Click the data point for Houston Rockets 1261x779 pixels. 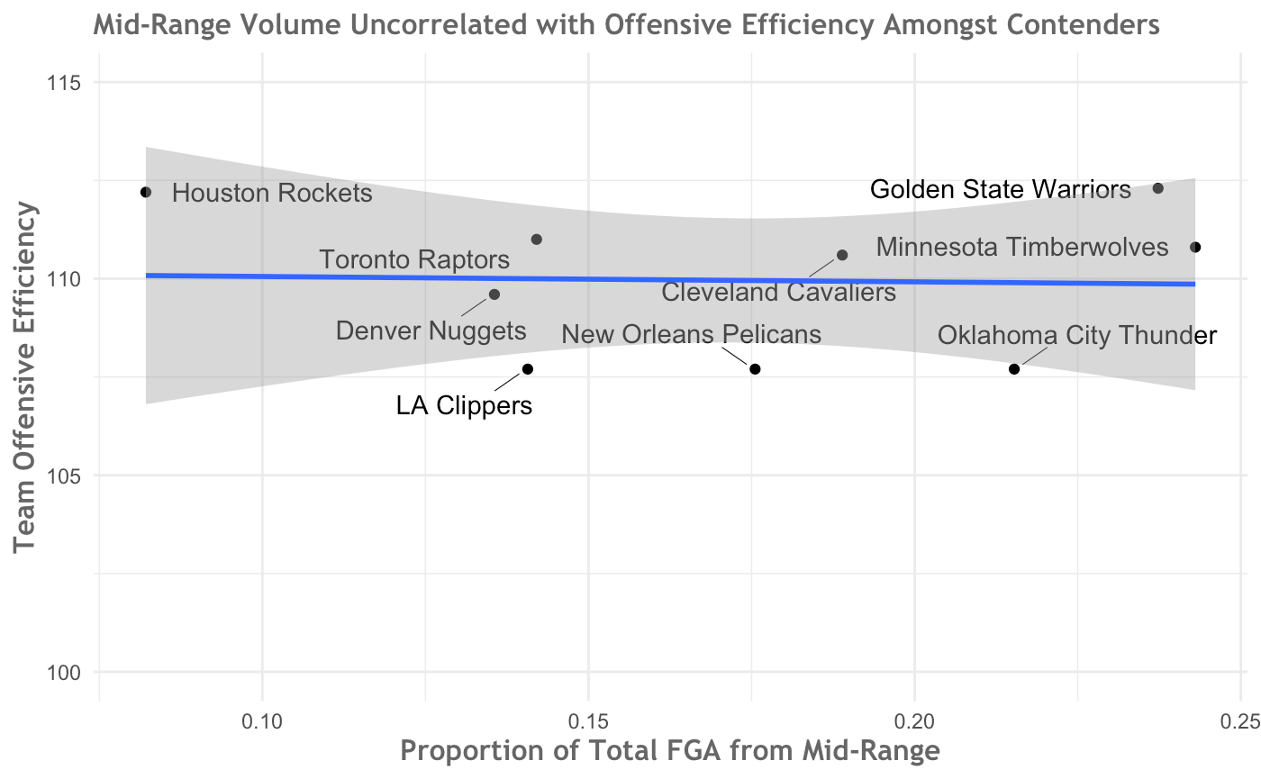tap(146, 192)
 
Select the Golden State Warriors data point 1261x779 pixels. tap(1158, 188)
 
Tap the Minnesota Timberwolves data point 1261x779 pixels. tap(1195, 247)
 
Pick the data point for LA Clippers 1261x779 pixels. tap(528, 369)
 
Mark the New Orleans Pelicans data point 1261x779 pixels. tap(755, 369)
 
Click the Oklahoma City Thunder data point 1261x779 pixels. tap(1014, 369)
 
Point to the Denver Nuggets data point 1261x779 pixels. tap(494, 294)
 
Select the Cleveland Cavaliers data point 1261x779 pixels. tap(842, 255)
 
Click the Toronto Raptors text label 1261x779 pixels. tap(415, 261)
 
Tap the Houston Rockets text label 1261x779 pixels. tap(272, 194)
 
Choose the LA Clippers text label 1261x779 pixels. tap(464, 406)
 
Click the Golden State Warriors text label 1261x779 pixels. tap(1000, 190)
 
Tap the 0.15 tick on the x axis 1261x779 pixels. tap(588, 720)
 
